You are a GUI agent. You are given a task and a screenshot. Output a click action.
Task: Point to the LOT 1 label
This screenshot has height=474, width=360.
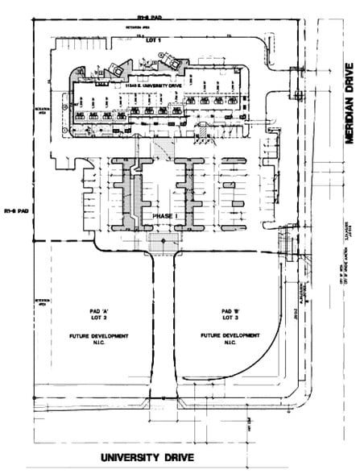coord(154,39)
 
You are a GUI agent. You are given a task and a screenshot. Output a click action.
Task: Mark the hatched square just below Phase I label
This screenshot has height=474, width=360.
coord(165,239)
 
